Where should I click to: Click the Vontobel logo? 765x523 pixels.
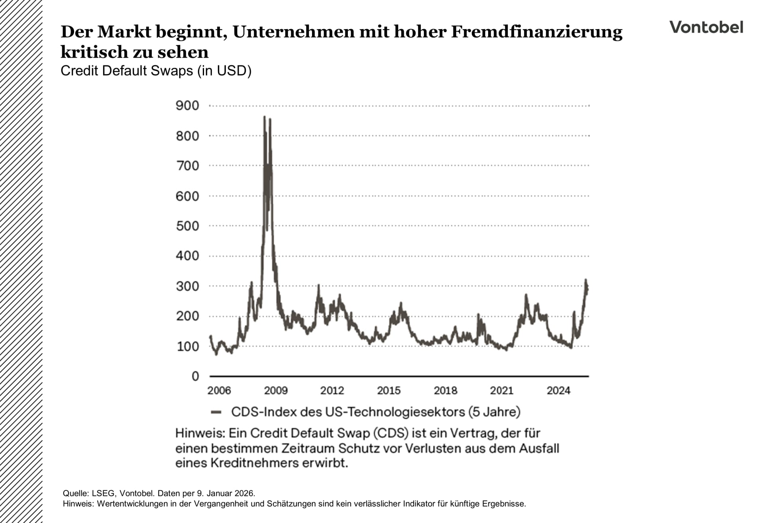point(706,27)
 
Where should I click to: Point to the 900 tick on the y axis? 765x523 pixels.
point(187,106)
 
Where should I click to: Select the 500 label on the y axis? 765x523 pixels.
point(187,226)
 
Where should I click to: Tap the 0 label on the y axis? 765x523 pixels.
point(195,376)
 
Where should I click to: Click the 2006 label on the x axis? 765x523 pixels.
point(219,390)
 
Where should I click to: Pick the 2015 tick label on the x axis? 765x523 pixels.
point(389,390)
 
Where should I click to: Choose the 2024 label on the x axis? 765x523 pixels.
point(559,390)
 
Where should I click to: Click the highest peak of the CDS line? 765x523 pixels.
point(265,117)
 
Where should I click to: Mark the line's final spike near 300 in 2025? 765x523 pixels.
point(586,280)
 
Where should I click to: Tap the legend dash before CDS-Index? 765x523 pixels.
point(216,412)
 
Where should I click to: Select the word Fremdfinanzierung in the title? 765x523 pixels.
point(536,31)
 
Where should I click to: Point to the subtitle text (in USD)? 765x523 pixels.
point(224,71)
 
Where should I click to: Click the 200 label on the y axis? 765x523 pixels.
point(187,316)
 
